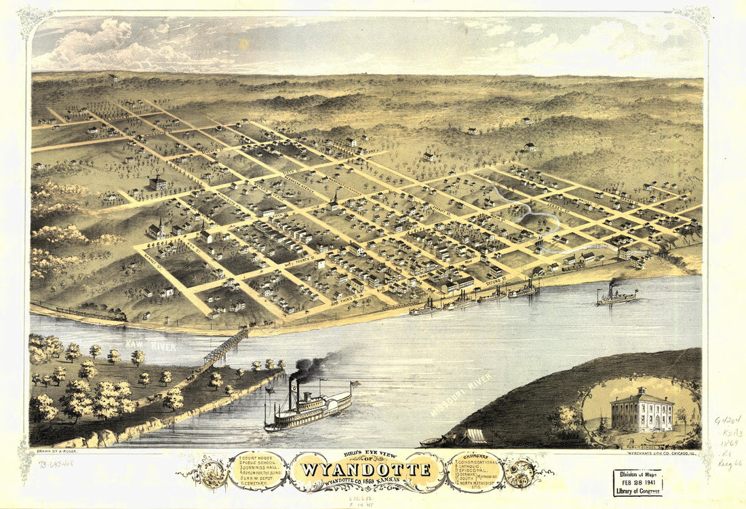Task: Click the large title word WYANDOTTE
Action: pos(367,469)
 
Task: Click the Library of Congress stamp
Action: pos(637,483)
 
